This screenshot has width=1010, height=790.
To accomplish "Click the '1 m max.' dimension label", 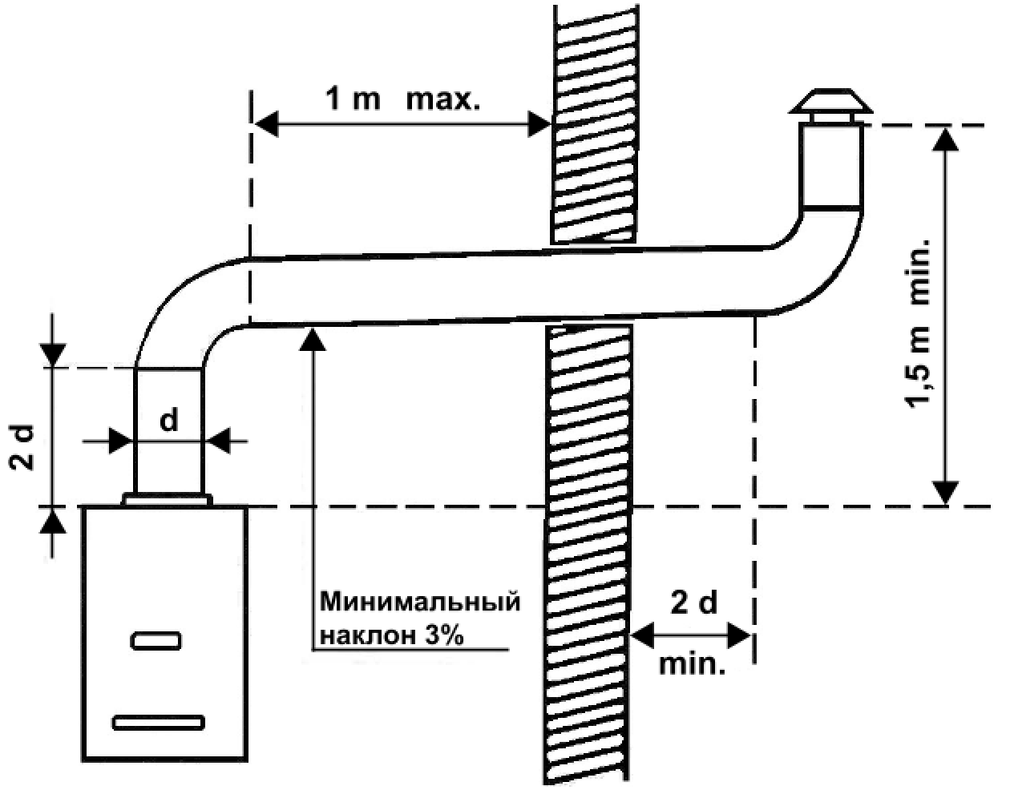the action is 402,100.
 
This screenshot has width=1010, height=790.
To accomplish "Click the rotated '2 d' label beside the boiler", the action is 22,448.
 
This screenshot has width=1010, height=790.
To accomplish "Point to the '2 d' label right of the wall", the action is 694,602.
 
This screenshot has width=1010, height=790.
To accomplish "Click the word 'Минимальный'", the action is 420,602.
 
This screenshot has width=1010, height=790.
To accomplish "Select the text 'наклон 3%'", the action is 392,635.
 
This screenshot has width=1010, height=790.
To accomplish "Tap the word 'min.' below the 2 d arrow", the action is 692,664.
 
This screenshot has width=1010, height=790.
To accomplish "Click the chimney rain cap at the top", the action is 831,107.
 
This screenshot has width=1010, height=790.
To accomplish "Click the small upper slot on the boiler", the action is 156,641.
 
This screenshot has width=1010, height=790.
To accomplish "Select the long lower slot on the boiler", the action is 159,722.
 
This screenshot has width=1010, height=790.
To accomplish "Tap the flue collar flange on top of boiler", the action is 168,500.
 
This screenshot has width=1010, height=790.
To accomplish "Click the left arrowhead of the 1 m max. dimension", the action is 267,124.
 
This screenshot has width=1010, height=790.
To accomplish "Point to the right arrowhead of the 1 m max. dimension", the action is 539,124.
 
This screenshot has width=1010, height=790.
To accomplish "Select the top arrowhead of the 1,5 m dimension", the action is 945,139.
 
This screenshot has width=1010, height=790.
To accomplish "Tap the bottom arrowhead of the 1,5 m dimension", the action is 945,493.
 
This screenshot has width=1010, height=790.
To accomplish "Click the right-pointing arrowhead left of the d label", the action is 120,441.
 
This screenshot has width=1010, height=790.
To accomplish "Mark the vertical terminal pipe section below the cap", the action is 831,165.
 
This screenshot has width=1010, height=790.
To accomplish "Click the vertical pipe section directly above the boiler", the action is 135,431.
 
